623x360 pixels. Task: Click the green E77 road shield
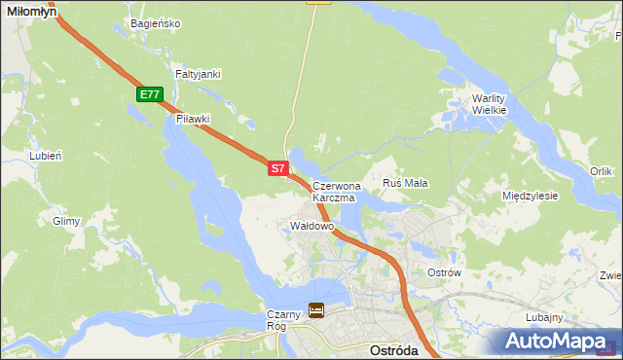149,93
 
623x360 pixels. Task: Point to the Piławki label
193,119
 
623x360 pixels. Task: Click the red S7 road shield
277,168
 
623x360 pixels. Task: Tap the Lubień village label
46,156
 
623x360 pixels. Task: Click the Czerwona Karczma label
336,191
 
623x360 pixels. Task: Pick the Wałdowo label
312,226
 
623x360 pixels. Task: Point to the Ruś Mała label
406,183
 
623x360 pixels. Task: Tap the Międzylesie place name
530,196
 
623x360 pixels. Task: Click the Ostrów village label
444,272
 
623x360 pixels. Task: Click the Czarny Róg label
284,320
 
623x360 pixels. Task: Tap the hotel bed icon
317,310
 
